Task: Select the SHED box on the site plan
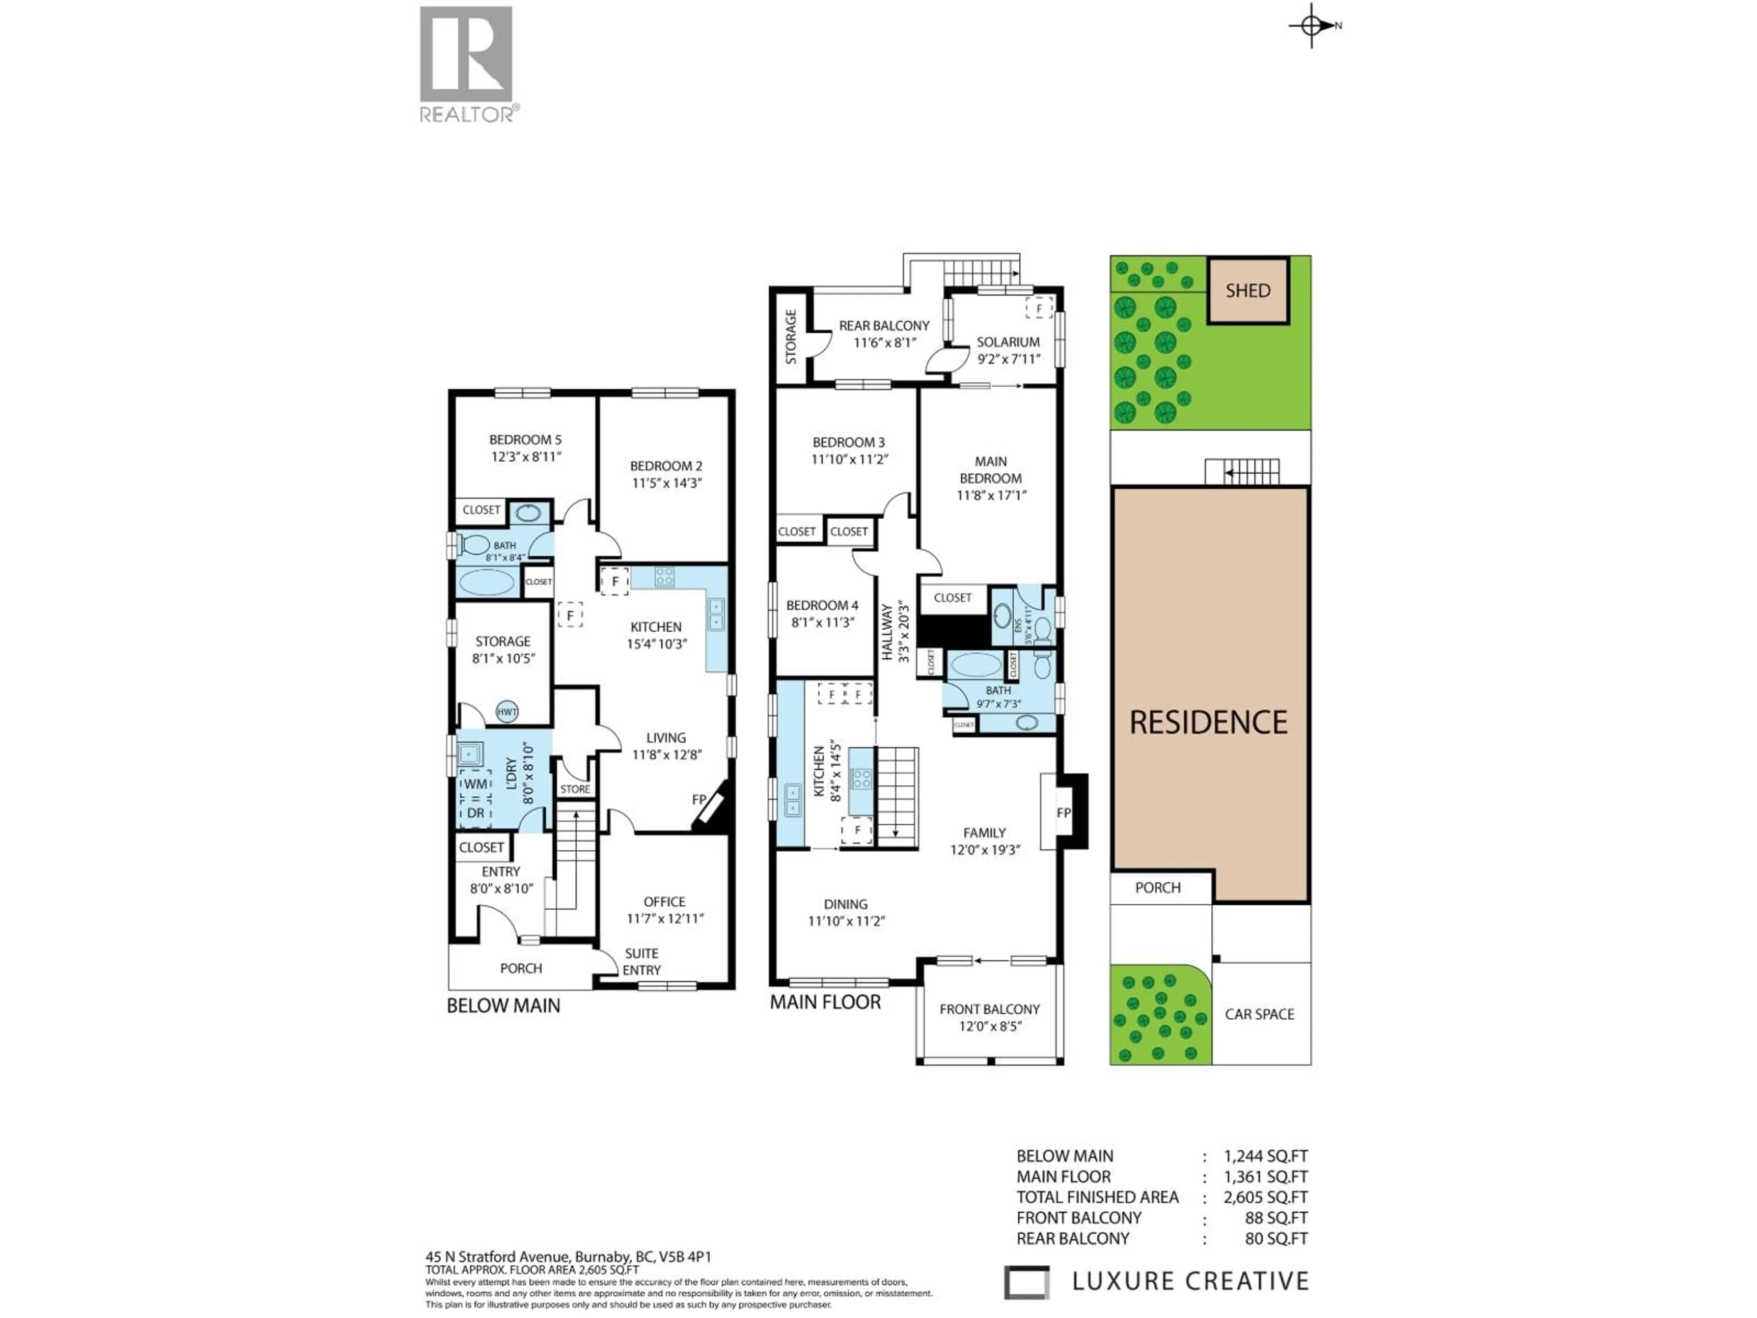click(1248, 291)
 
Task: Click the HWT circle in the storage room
click(507, 712)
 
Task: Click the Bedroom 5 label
click(525, 439)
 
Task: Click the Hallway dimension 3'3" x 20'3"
click(903, 632)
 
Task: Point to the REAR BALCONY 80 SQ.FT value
click(1276, 1238)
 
